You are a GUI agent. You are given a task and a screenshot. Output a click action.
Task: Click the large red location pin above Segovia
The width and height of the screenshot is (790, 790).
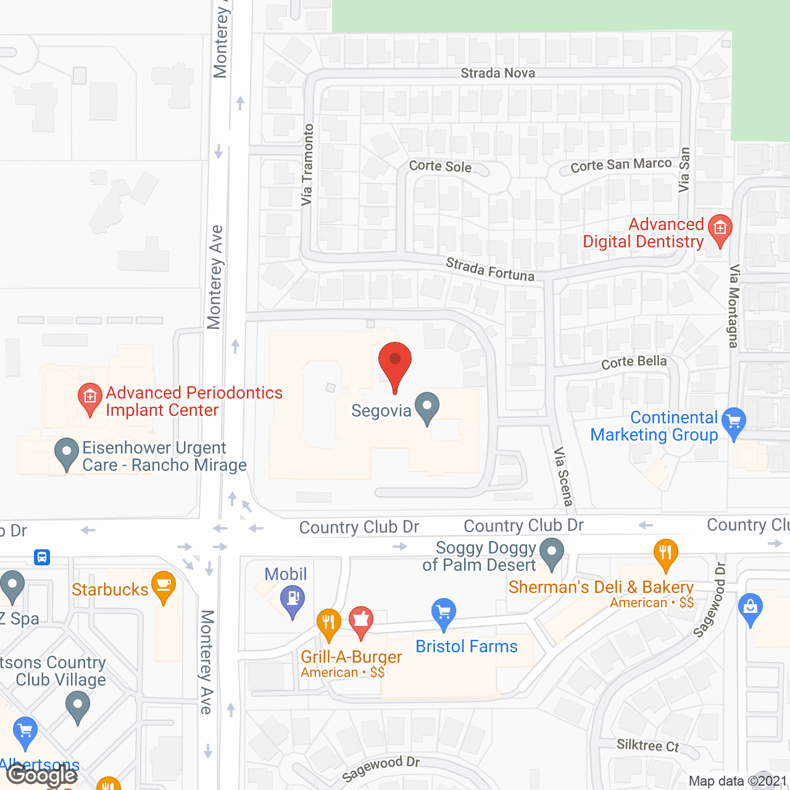395,363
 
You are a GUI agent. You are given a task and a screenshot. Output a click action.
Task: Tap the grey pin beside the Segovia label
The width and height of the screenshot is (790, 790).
427,407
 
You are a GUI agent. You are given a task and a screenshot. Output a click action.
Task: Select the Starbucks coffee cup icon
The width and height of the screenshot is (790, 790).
164,586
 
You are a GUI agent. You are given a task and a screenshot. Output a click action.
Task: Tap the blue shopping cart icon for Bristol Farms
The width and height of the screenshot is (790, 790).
444,613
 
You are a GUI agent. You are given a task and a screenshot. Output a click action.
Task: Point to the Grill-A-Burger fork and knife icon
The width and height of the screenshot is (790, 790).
328,623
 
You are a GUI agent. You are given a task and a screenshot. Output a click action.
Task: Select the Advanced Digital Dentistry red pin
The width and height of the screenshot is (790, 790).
720,230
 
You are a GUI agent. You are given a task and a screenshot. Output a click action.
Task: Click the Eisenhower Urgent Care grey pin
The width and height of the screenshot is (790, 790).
67,453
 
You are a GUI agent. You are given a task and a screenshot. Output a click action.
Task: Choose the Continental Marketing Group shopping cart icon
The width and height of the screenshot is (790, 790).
734,422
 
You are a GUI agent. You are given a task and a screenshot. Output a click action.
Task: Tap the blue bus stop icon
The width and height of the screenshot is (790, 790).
42,557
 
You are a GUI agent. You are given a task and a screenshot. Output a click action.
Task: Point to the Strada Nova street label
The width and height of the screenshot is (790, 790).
497,73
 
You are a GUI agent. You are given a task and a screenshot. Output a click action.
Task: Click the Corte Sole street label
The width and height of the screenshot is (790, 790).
440,166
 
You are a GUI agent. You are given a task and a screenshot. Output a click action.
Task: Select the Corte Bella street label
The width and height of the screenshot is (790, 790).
634,362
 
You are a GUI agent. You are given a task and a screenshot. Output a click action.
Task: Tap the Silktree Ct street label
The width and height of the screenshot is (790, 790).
647,746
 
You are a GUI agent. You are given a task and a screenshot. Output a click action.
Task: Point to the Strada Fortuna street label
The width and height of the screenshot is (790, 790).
490,270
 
